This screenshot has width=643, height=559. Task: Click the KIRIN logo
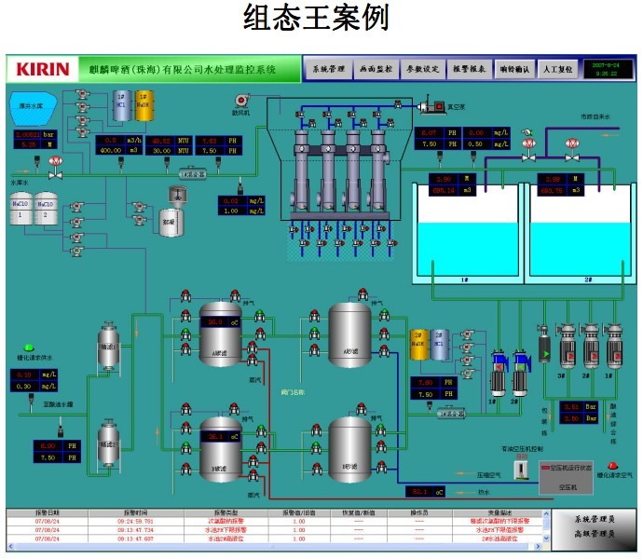pos(43,68)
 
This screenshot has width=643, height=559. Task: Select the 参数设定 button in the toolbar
pos(419,69)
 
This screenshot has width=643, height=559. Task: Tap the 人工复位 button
pos(557,69)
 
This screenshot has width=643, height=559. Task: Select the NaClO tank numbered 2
pos(46,211)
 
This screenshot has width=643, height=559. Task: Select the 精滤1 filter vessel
pos(108,345)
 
